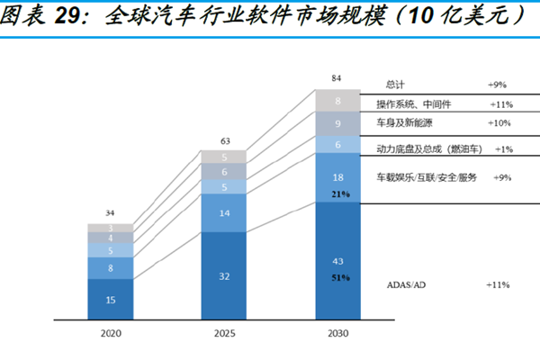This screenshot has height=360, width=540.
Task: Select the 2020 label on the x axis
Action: pyautogui.click(x=111, y=333)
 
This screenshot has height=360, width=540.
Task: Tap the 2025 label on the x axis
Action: pyautogui.click(x=223, y=333)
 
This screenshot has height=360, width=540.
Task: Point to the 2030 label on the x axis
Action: pyautogui.click(x=337, y=333)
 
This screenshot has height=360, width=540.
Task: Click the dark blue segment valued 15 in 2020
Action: pyautogui.click(x=111, y=299)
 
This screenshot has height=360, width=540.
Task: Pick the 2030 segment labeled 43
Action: pyautogui.click(x=337, y=260)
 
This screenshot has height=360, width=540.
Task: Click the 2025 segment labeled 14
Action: pyautogui.click(x=223, y=213)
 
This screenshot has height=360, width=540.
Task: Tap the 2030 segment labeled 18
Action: pyautogui.click(x=337, y=178)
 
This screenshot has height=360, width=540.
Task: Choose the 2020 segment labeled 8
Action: pyautogui.click(x=111, y=268)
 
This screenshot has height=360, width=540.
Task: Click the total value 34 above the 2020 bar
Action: pyautogui.click(x=111, y=213)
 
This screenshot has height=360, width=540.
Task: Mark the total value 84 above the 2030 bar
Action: pyautogui.click(x=337, y=79)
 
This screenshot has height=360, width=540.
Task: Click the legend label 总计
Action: pyautogui.click(x=396, y=84)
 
